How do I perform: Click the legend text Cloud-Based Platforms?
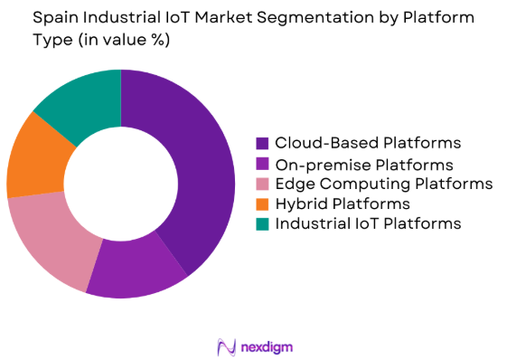[x=368, y=143]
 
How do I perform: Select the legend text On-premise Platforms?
[x=364, y=164]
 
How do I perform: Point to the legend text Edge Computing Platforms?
[x=383, y=184]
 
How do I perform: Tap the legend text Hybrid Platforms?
[x=343, y=204]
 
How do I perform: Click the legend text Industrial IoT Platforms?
[x=368, y=223]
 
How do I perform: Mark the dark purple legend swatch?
[x=262, y=143]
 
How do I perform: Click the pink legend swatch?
[x=262, y=184]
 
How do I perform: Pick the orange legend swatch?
[x=262, y=204]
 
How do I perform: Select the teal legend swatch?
[x=262, y=223]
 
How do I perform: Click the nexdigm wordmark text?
[x=268, y=346]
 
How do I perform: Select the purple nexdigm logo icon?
[x=225, y=346]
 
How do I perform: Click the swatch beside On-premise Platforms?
[x=262, y=164]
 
